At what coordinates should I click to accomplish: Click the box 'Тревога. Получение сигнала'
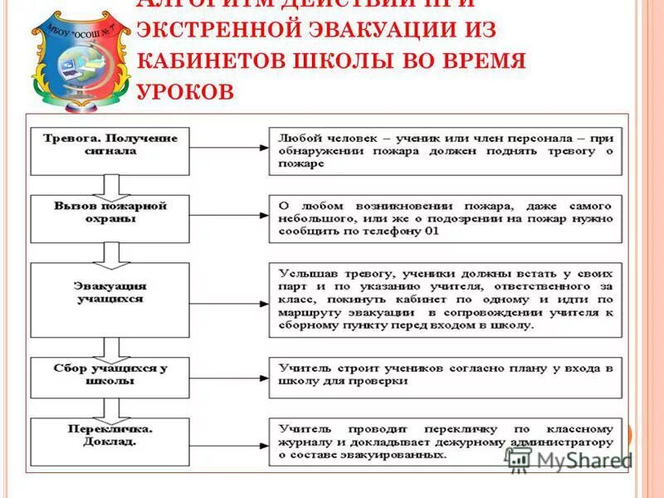point(110,150)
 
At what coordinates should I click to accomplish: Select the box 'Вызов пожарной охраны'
point(110,218)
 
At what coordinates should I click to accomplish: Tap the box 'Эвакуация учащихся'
point(110,299)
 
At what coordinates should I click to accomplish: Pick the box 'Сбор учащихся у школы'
point(110,377)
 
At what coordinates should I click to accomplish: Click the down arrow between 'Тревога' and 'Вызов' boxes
point(105,184)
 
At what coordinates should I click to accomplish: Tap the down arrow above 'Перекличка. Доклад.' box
point(105,408)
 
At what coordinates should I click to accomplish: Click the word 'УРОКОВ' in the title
point(184,91)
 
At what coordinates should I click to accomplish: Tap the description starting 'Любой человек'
point(445,150)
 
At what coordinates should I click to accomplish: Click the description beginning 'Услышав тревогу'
point(445,299)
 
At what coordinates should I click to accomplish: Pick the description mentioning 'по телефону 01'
point(445,218)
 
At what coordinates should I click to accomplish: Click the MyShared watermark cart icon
point(518,461)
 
